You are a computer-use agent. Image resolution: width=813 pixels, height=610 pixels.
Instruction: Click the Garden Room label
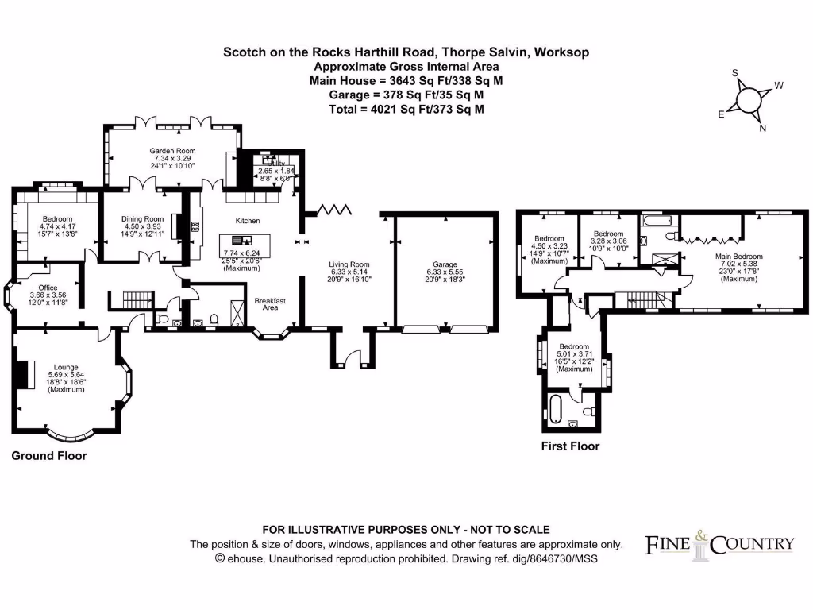coord(173,151)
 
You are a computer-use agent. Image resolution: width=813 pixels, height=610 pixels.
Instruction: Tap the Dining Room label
coord(142,219)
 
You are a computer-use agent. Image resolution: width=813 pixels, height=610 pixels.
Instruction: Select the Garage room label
coord(445,265)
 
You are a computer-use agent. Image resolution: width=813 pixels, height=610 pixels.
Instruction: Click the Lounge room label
coord(66,367)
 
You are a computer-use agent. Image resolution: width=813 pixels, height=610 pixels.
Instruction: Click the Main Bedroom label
coord(738,257)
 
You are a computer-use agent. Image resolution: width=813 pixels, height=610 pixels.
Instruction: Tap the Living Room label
coord(349,264)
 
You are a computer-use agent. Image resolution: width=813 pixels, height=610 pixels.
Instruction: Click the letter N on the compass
coord(763,129)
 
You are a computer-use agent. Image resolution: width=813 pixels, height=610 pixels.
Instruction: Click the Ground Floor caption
coord(48,456)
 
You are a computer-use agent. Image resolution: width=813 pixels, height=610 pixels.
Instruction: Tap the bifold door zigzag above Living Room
coord(334,210)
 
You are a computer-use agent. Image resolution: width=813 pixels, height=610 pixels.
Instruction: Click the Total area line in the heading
coord(406,110)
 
